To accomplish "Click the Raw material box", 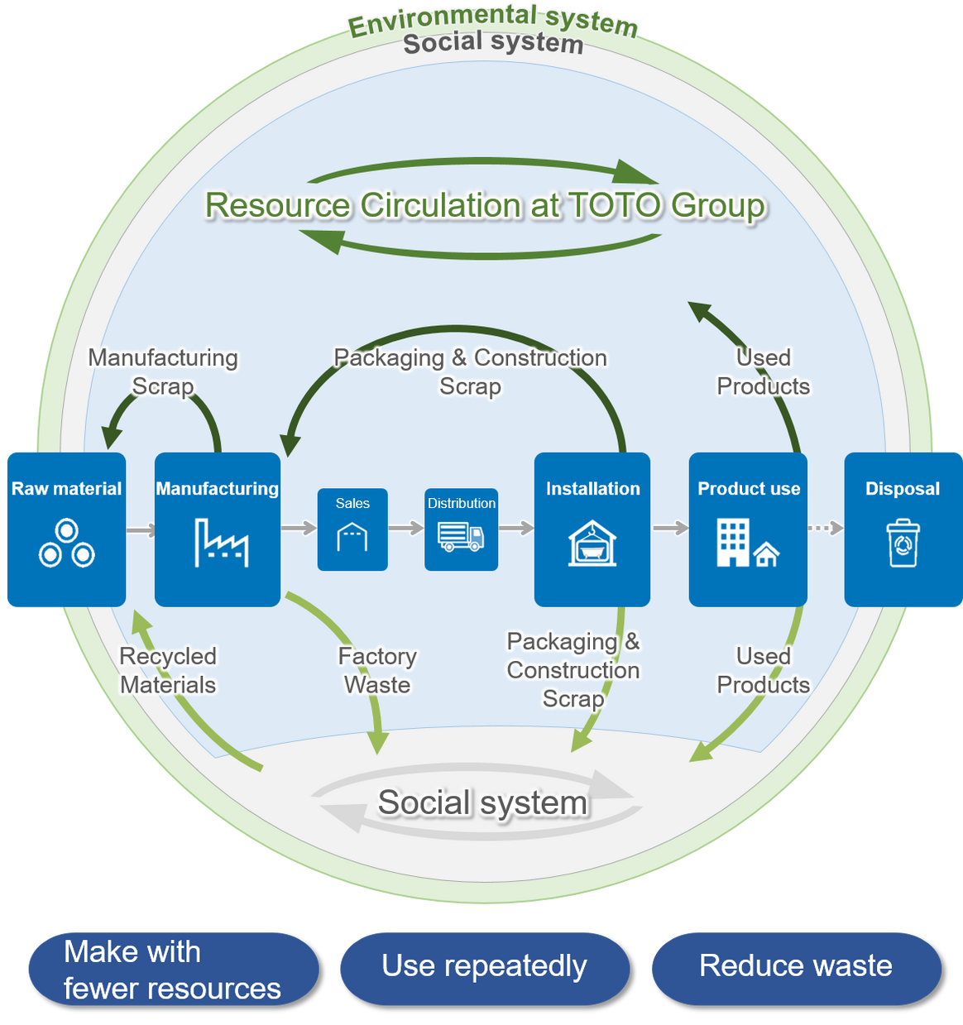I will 65,529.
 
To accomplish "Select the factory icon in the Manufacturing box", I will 221,543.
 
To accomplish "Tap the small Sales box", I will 352,529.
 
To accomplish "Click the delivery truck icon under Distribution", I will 461,536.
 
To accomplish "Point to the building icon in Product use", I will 747,543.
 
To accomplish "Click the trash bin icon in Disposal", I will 903,543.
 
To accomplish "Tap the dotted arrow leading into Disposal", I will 825,528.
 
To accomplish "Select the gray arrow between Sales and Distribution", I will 406,528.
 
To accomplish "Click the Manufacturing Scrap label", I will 163,372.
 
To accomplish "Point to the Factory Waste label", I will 377,670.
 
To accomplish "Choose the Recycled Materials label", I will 168,670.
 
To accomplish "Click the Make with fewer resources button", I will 172,969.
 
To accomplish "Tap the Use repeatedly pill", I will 484,966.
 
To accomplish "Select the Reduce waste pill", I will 795,966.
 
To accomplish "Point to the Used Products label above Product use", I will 763,372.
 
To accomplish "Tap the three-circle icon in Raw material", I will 66,544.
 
